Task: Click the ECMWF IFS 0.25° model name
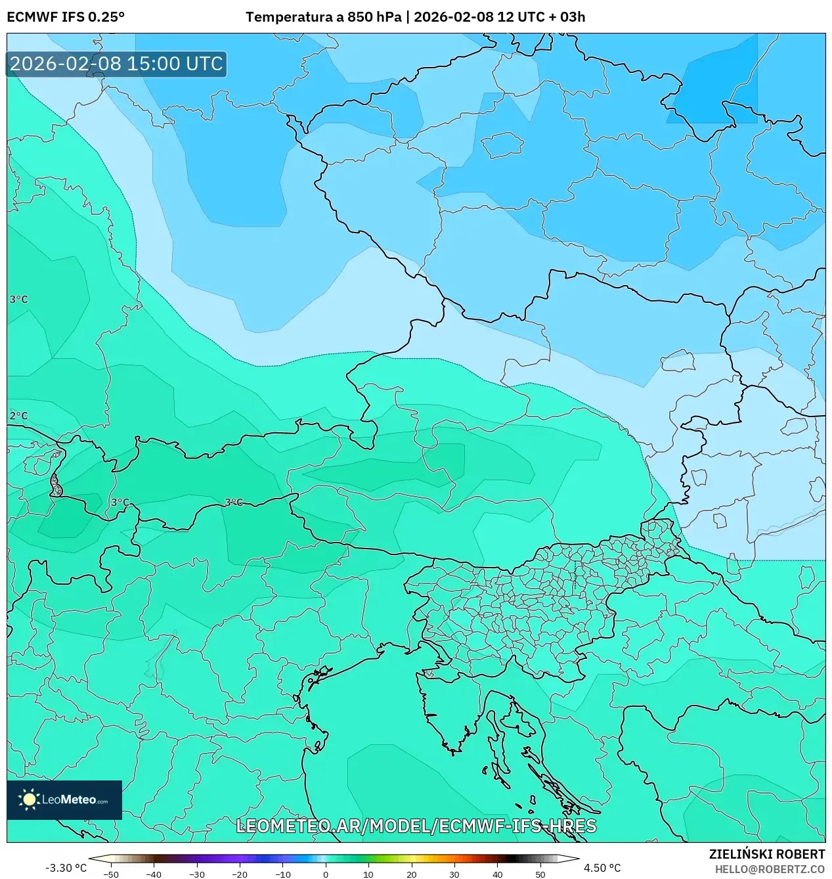click(66, 17)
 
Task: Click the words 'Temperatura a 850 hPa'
click(323, 17)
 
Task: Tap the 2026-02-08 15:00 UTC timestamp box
click(116, 64)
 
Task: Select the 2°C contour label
click(18, 416)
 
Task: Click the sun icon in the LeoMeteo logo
click(29, 800)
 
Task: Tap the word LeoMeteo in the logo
click(69, 800)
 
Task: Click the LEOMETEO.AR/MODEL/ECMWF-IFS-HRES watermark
click(416, 826)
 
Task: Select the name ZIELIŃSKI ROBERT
click(766, 854)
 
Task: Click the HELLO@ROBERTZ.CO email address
click(770, 869)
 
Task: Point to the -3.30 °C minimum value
click(66, 868)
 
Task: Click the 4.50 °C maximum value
click(602, 868)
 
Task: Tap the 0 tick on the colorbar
click(326, 874)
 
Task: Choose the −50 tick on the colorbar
click(111, 874)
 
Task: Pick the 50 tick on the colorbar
click(540, 874)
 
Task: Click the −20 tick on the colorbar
click(240, 874)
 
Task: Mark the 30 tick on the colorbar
click(454, 874)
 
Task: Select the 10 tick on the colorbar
click(368, 874)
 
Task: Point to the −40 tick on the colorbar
click(154, 874)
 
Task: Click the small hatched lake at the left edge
click(56, 487)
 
